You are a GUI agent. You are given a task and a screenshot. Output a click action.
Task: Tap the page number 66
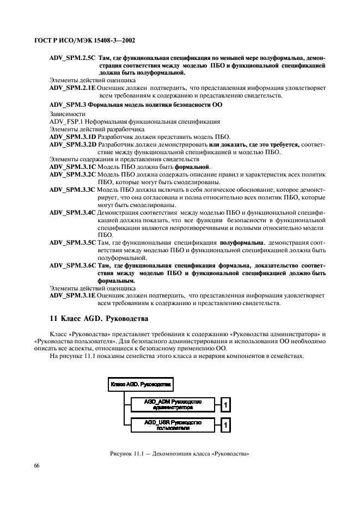[x=38, y=465]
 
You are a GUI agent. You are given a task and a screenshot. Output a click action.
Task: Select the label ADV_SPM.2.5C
[x=72, y=57]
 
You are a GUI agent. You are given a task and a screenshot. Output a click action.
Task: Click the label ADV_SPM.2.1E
[x=72, y=87]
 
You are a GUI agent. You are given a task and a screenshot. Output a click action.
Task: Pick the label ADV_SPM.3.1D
[x=72, y=137]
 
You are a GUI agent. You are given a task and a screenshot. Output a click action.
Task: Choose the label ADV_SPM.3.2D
[x=72, y=144]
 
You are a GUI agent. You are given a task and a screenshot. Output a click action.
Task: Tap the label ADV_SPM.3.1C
[x=72, y=167]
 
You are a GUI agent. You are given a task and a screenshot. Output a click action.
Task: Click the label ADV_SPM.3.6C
[x=72, y=265]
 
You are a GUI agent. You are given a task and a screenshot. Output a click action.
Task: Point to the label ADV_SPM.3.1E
[x=72, y=295]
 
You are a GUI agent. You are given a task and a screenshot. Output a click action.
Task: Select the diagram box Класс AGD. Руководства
[x=141, y=384]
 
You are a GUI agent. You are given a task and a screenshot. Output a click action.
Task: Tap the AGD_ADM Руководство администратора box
[x=172, y=403]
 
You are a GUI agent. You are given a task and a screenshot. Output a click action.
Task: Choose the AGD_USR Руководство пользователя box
[x=172, y=424]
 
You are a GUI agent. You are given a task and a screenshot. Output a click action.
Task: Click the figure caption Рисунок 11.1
[x=179, y=454]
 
